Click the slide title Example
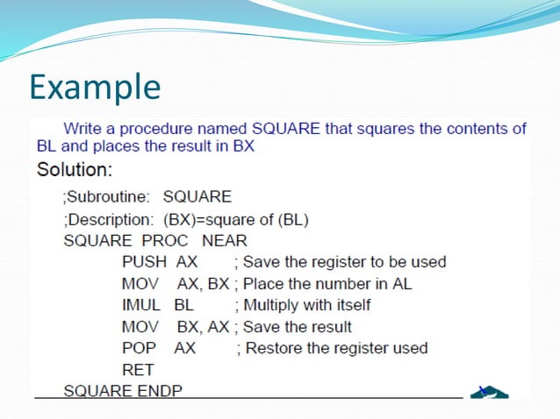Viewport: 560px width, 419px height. [95, 87]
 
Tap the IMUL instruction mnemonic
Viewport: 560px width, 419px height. [141, 305]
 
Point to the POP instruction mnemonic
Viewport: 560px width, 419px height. [139, 348]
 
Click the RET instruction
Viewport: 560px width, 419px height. [138, 370]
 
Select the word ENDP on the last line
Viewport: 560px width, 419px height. [160, 390]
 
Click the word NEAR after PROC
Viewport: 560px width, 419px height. [225, 240]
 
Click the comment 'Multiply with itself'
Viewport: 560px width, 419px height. [303, 305]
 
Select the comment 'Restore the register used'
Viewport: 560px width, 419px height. [332, 348]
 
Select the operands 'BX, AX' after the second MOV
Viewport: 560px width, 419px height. [203, 327]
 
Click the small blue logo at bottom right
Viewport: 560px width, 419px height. [488, 390]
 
